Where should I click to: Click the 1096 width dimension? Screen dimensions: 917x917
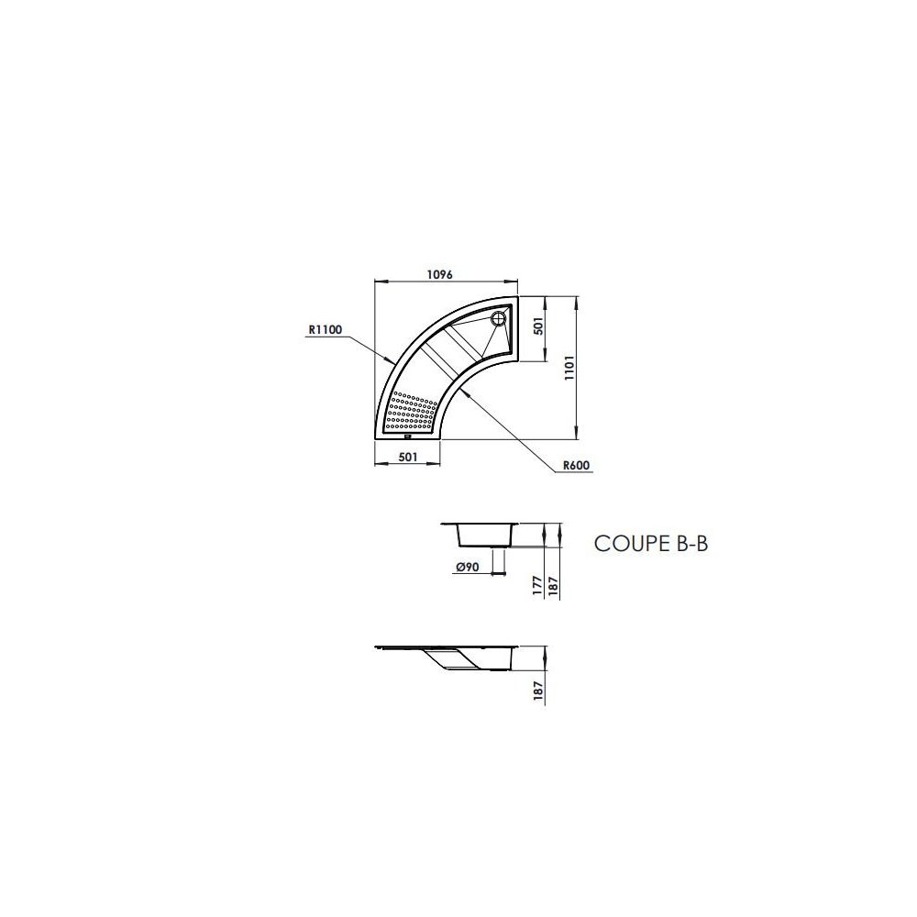click(x=440, y=274)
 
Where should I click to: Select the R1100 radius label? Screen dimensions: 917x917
click(x=325, y=330)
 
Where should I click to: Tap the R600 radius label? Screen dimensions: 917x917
click(x=576, y=465)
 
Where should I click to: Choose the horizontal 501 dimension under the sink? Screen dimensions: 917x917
click(x=408, y=457)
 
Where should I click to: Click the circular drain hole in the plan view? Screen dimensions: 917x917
click(x=499, y=319)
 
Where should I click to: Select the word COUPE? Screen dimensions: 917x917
click(x=627, y=543)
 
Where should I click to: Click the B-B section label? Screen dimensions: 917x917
click(x=688, y=543)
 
